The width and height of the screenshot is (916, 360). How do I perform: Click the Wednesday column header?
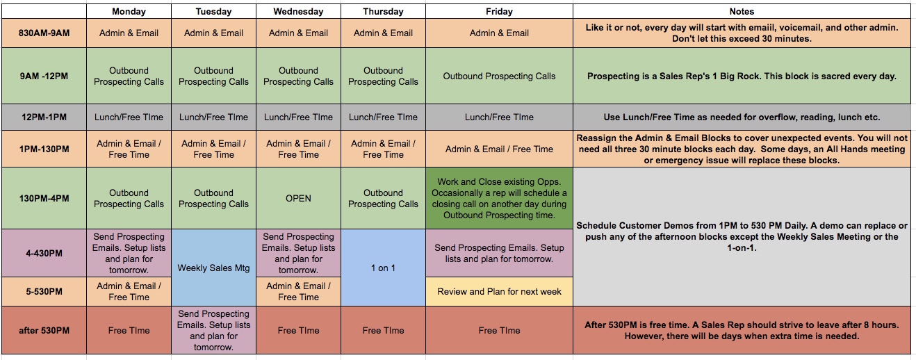pos(298,11)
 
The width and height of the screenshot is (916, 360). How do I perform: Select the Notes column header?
pos(742,11)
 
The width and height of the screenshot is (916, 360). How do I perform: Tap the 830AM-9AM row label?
pos(44,33)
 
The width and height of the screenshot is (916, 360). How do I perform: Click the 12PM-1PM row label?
pos(44,117)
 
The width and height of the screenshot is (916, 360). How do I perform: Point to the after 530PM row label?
pos(44,330)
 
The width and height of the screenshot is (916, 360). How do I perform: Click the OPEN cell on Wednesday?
pos(298,198)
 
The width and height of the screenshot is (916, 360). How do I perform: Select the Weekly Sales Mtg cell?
pos(213,268)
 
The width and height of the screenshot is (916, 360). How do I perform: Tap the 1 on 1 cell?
pos(383,268)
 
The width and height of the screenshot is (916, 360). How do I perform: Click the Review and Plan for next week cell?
pos(499,292)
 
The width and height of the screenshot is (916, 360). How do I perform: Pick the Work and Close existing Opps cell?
pos(499,198)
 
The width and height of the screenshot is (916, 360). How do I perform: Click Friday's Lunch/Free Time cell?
pos(499,117)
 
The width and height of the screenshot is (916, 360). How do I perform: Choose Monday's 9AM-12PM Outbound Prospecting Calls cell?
pos(129,76)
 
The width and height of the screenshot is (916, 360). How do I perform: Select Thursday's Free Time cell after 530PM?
pos(383,330)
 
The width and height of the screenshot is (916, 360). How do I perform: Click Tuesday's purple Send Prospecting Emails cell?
pos(213,330)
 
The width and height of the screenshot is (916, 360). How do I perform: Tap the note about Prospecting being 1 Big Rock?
pos(742,76)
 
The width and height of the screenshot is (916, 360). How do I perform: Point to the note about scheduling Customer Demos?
pos(742,236)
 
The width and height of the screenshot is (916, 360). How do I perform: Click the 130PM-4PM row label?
pos(44,198)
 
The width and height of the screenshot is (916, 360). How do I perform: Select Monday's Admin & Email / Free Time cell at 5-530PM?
pos(129,292)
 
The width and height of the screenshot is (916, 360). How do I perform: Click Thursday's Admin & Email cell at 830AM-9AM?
pos(383,33)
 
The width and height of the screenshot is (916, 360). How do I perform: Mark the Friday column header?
pos(499,11)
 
